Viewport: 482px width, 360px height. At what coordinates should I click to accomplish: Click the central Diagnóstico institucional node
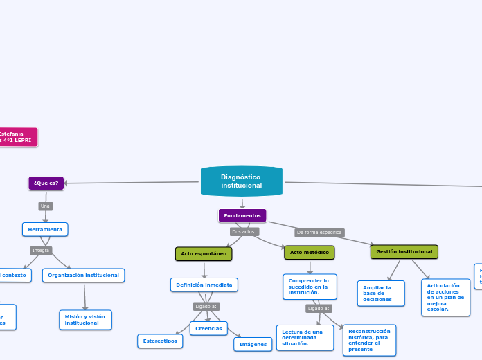tap(241, 181)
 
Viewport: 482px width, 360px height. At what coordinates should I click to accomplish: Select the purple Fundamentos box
tap(242, 215)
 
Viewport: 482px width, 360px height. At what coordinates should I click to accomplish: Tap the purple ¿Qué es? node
tap(46, 183)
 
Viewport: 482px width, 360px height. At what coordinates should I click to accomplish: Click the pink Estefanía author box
tap(17, 136)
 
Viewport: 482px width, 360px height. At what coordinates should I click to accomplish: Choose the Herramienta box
tap(45, 229)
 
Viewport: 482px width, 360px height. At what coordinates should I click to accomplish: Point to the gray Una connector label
tap(46, 206)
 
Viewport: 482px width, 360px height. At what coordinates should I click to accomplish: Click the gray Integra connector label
tap(41, 250)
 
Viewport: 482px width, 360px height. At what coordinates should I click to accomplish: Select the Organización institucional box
tap(84, 276)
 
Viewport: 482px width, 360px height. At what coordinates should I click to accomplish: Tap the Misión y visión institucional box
tap(85, 320)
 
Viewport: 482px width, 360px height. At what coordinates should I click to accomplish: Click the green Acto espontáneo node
tap(204, 254)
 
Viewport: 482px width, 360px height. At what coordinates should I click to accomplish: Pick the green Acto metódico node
tap(309, 253)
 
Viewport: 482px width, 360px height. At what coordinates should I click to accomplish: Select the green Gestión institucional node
tap(404, 252)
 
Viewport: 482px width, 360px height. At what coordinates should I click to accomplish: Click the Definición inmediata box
tap(204, 285)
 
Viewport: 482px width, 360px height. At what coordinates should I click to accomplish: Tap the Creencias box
tap(208, 328)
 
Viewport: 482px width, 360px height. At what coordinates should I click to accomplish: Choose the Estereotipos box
tap(160, 341)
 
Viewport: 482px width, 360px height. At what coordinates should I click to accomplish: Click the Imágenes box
tap(253, 344)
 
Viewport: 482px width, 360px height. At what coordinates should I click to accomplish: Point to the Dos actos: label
tap(244, 232)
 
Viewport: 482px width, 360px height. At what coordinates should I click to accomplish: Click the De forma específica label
tap(319, 233)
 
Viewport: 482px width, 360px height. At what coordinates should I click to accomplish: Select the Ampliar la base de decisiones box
tap(381, 294)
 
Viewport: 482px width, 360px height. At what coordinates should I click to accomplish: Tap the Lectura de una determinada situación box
tap(305, 338)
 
